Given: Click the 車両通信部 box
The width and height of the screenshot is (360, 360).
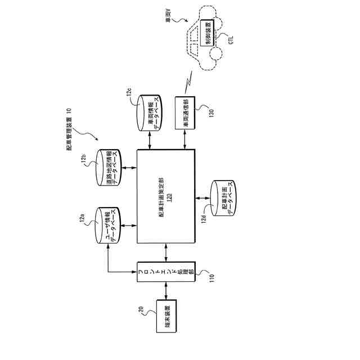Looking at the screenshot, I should coord(185,114).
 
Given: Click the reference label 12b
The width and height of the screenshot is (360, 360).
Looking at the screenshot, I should coord(83,160).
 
